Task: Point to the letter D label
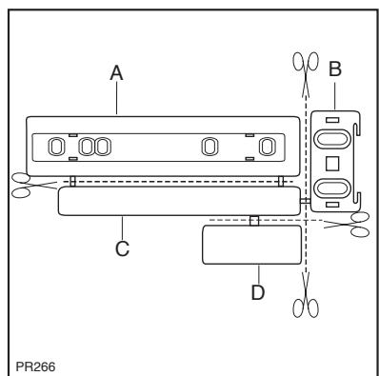point(257,291)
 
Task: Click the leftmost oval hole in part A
point(55,146)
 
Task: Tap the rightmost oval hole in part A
point(268,146)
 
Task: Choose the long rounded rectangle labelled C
point(178,201)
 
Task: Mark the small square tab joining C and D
point(254,221)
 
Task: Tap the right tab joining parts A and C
point(281,181)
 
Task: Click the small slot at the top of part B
point(332,121)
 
